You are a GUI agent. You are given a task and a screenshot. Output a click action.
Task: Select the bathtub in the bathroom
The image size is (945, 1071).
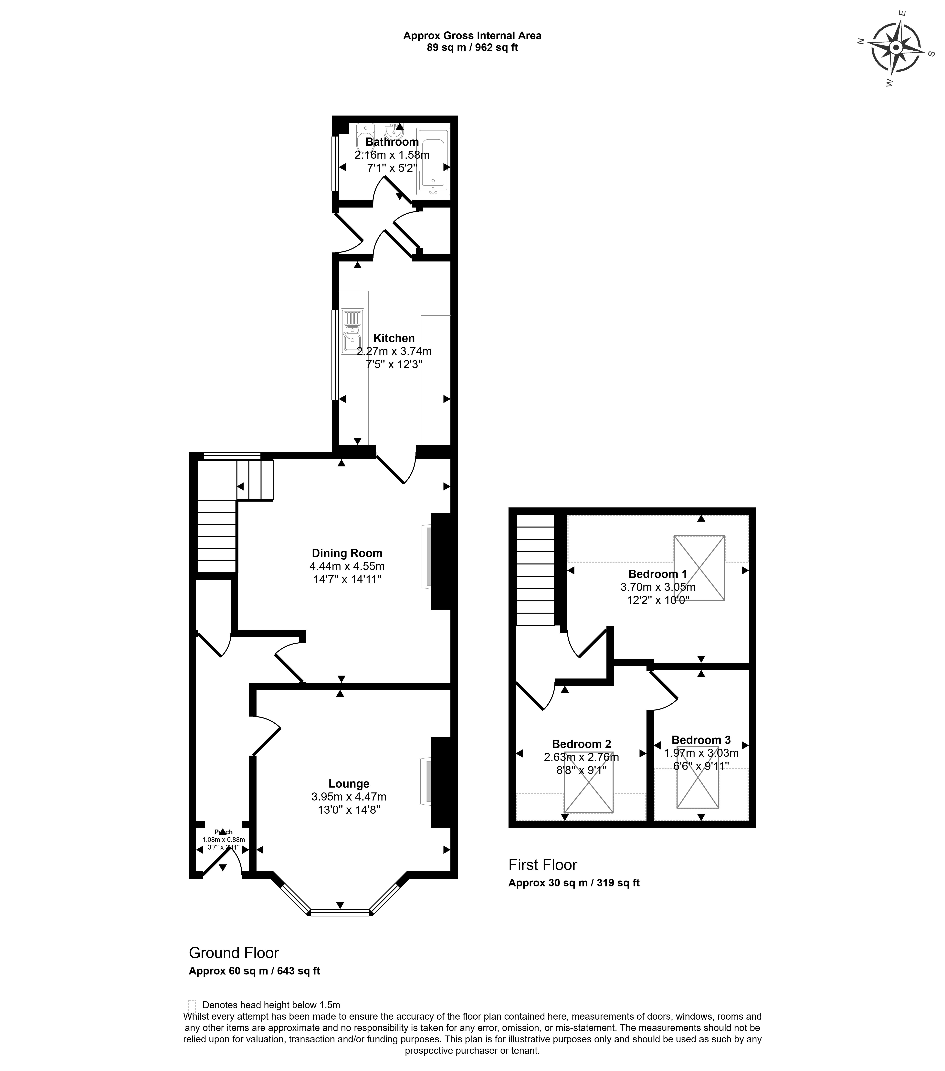[x=433, y=161]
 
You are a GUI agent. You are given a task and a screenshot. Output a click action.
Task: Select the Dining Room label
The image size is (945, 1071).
[x=347, y=553]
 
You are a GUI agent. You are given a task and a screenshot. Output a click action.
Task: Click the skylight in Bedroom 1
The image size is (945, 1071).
[x=699, y=567]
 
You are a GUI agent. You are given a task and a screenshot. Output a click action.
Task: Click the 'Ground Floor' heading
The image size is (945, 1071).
[x=234, y=953]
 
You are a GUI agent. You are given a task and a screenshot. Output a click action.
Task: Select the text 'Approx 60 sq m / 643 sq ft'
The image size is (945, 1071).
[x=254, y=970]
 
